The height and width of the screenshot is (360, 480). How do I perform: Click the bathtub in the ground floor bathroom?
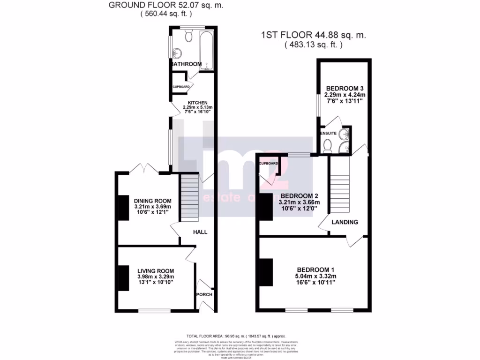coord(206,51)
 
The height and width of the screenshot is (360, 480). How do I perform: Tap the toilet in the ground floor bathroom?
coord(189,36)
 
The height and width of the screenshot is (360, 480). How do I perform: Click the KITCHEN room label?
coord(194,103)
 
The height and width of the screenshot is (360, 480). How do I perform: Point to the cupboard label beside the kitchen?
coord(181,87)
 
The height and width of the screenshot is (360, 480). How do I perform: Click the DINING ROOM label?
coord(152,201)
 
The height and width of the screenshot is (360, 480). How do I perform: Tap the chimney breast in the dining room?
coord(123,208)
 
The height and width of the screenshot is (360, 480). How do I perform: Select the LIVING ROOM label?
coord(156,271)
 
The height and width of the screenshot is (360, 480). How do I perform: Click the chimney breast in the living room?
coord(123,278)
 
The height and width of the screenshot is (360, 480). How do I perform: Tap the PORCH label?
coord(205,295)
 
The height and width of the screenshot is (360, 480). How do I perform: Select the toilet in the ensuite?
coord(328,147)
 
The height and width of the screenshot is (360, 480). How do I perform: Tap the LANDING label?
coord(345,222)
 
